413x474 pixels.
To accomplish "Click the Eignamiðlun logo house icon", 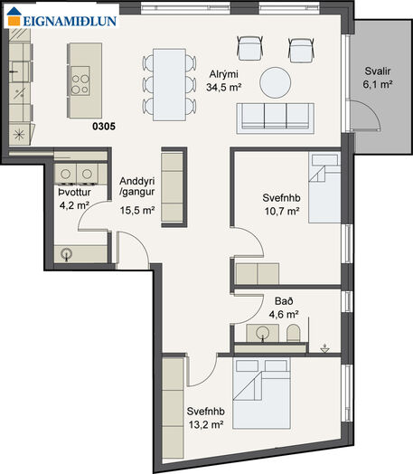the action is pyautogui.click(x=14, y=16).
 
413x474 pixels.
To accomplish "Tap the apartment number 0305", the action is pyautogui.click(x=104, y=127).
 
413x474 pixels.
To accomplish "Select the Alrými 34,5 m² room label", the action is pyautogui.click(x=224, y=81).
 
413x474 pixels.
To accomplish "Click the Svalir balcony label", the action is pyautogui.click(x=378, y=71).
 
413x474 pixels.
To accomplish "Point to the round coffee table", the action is pyautogui.click(x=276, y=82).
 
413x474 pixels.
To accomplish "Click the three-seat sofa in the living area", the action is pyautogui.click(x=276, y=118).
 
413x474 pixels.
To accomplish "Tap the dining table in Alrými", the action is pyautogui.click(x=169, y=85).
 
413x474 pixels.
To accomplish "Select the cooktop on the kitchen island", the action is pyautogui.click(x=80, y=81).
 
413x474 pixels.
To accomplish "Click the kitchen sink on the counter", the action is pyautogui.click(x=20, y=71).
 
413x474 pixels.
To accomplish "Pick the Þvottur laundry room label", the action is pyautogui.click(x=75, y=193).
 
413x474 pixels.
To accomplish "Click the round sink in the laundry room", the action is pyautogui.click(x=66, y=254).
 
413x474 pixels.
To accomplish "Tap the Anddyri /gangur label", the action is pyautogui.click(x=137, y=186).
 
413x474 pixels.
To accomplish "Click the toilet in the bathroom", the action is pyautogui.click(x=293, y=333).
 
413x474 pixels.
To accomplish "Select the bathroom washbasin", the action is pyautogui.click(x=262, y=333).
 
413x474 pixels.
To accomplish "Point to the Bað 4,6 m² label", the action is pyautogui.click(x=284, y=308).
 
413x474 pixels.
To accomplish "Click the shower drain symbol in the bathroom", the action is pyautogui.click(x=324, y=348).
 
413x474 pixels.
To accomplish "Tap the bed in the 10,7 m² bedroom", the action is pyautogui.click(x=324, y=187).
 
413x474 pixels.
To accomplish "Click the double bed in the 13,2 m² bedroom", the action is pyautogui.click(x=261, y=393).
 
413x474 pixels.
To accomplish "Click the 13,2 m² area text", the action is pyautogui.click(x=206, y=425).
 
